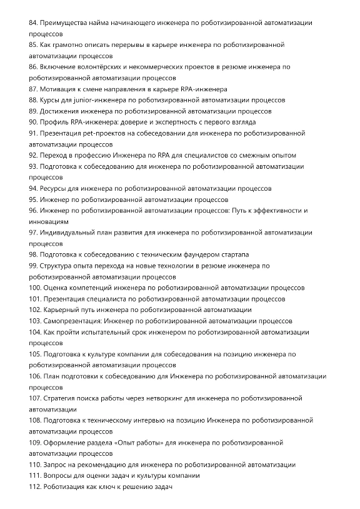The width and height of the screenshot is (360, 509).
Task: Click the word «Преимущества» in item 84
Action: point(64,23)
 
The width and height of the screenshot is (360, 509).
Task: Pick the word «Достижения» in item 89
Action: point(61,111)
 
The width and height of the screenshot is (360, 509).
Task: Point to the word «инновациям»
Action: point(49,221)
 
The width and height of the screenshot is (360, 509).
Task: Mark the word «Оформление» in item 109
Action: point(66,443)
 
